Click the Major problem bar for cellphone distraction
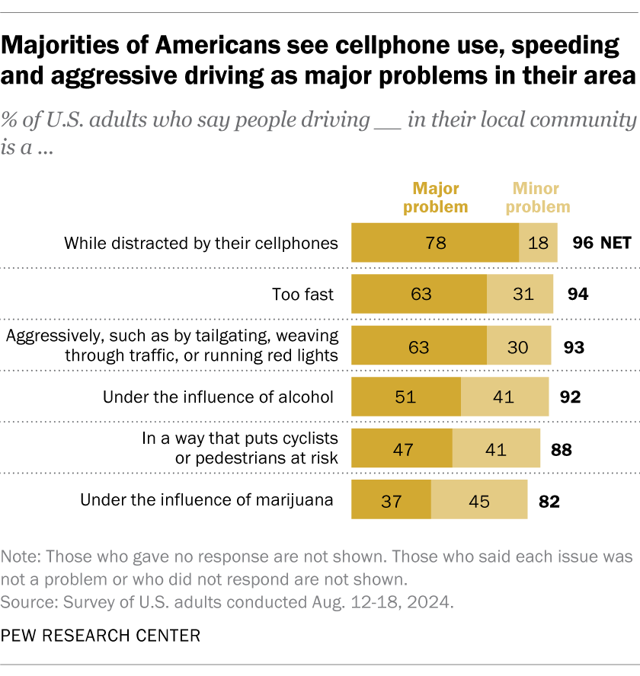click(434, 244)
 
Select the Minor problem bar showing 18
click(538, 244)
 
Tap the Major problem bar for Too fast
click(418, 294)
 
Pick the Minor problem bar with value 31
click(520, 294)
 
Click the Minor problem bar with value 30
click(518, 347)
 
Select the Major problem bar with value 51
click(405, 397)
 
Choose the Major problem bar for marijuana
click(391, 500)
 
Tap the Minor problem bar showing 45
click(479, 500)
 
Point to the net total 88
click(561, 448)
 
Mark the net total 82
click(549, 501)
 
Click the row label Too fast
click(303, 294)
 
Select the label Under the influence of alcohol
click(218, 397)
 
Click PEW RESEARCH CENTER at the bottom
click(101, 635)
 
